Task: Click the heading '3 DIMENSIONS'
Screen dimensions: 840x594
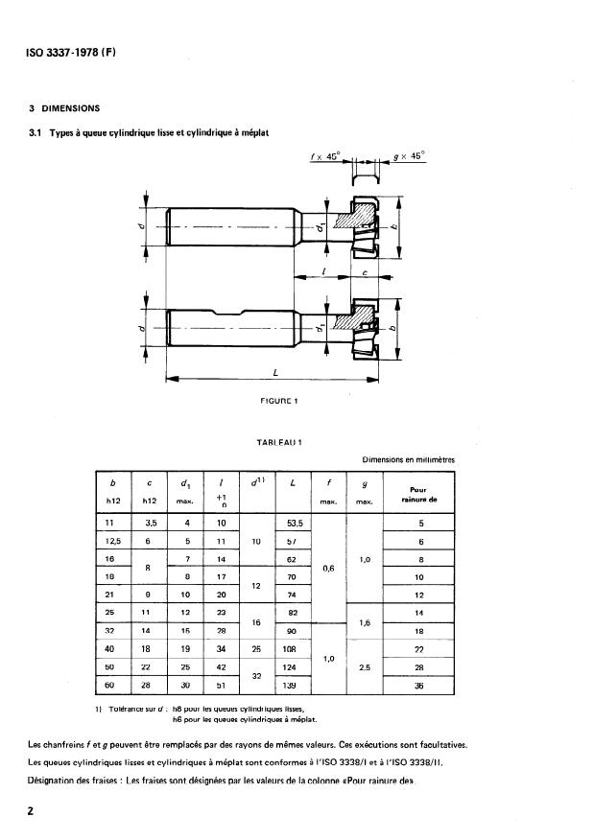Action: point(65,108)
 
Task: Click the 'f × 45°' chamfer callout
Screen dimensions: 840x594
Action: point(327,155)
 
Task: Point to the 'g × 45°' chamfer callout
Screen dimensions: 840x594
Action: point(410,155)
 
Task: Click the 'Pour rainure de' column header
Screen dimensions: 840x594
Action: point(416,494)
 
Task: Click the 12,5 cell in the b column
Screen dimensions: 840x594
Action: point(114,541)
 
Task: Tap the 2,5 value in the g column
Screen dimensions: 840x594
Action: point(365,667)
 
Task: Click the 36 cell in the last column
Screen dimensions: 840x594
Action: point(416,686)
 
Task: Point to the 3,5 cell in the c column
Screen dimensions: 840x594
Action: point(149,523)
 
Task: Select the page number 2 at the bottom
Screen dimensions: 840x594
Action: point(32,812)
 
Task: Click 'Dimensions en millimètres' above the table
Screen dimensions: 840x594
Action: point(409,460)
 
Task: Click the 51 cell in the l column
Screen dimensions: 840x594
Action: point(221,686)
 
